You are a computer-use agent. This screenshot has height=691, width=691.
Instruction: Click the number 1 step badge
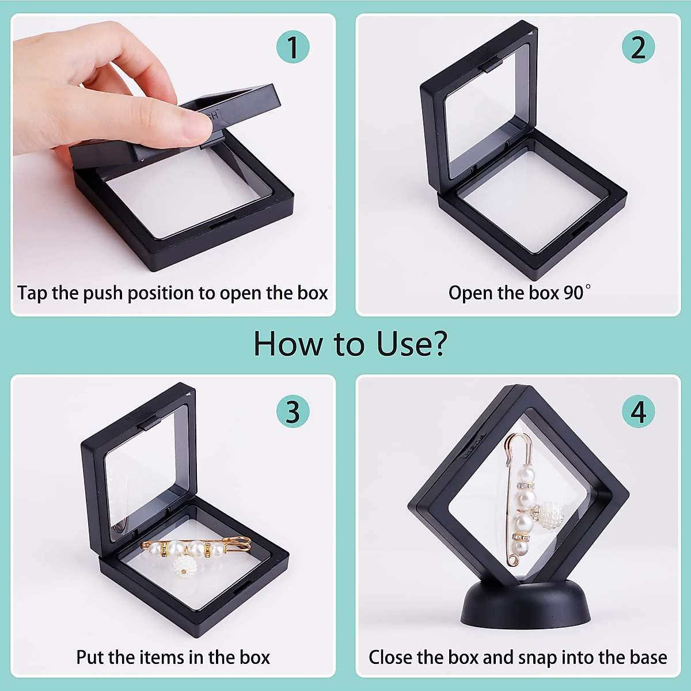click(293, 47)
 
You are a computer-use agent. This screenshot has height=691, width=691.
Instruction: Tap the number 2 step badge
click(638, 47)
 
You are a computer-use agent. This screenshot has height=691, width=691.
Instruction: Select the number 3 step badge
click(293, 412)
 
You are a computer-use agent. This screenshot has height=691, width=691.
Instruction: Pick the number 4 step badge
click(638, 412)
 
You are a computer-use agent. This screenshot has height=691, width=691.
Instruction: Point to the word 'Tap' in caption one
click(32, 294)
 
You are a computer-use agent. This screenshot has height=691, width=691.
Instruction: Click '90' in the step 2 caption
click(574, 293)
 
